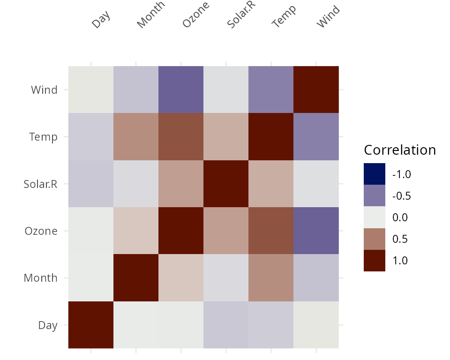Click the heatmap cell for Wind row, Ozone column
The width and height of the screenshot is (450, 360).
tap(181, 90)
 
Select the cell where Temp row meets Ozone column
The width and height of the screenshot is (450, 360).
tap(181, 136)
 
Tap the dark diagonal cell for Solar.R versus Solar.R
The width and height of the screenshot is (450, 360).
tap(226, 184)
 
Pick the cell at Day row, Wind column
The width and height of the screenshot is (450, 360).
tap(316, 325)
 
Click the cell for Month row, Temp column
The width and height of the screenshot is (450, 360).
tap(271, 277)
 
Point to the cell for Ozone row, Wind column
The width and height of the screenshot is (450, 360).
tap(316, 231)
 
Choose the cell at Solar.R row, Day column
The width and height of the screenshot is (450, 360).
tap(91, 184)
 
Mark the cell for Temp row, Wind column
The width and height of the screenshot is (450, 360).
tap(316, 136)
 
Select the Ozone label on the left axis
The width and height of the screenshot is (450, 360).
tap(41, 231)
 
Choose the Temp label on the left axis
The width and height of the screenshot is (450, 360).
tap(43, 137)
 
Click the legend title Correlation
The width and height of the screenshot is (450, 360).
tap(400, 150)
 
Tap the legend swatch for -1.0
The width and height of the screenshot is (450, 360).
tap(375, 174)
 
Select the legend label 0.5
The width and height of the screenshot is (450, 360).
tap(400, 239)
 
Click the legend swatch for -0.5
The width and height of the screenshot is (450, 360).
tap(375, 195)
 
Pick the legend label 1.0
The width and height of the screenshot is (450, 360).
tap(400, 261)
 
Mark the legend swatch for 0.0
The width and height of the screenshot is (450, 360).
tap(375, 217)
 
